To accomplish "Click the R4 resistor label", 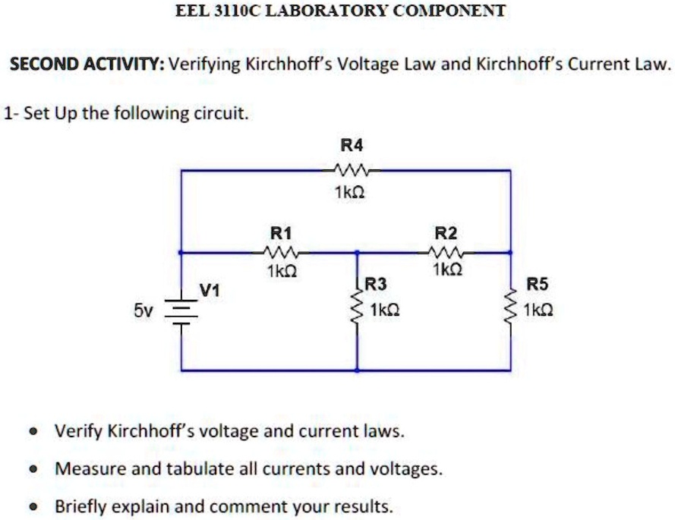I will coord(352,144).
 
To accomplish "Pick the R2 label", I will coord(445,232).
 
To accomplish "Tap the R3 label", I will coord(376,285).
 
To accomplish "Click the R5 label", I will coord(536,285).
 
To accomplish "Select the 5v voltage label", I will coord(143,310).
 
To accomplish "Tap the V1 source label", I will coord(210,289).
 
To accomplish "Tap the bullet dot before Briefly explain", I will coord(33,506).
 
